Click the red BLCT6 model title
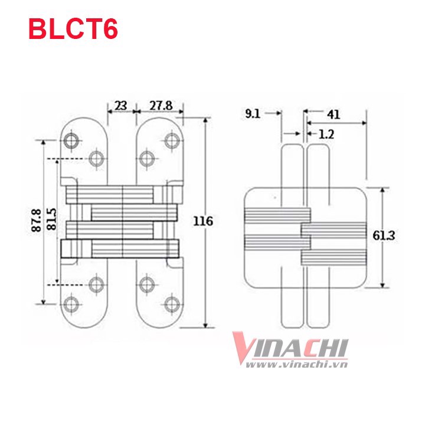click(x=73, y=30)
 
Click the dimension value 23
click(x=120, y=106)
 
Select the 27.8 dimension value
click(x=161, y=106)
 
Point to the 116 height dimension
click(x=202, y=221)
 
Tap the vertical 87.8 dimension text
click(x=37, y=220)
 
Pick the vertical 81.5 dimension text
click(x=51, y=219)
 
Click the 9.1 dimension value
click(x=253, y=114)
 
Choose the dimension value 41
click(x=334, y=115)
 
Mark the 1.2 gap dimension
click(x=326, y=135)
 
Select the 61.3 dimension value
click(x=384, y=236)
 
